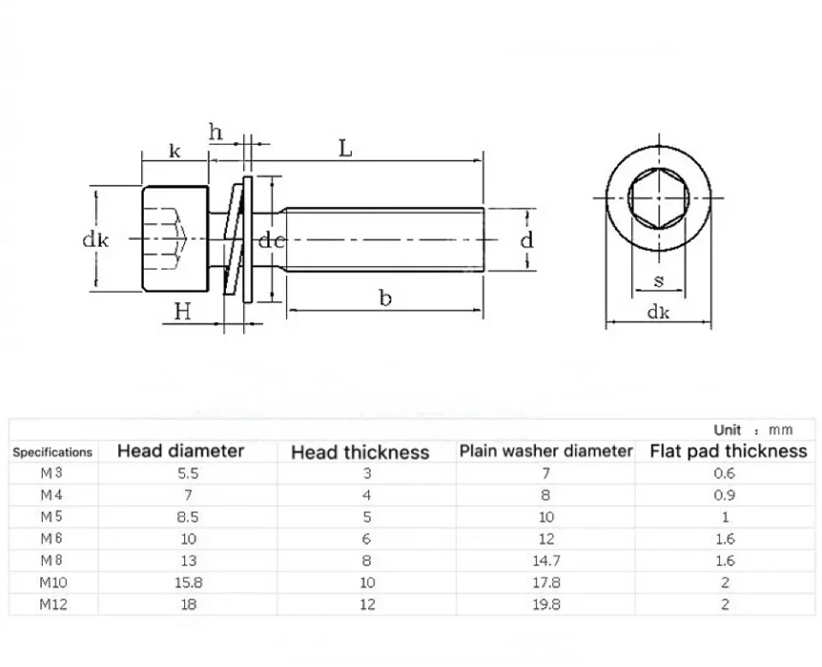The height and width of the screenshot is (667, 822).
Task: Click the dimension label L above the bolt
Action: pyautogui.click(x=345, y=148)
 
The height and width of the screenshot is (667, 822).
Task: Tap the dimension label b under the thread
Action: pyautogui.click(x=385, y=297)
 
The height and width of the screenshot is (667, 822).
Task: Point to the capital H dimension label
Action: pyautogui.click(x=182, y=312)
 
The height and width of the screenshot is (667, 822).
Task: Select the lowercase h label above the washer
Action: pyautogui.click(x=216, y=132)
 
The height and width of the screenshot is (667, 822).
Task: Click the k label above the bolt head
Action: pyautogui.click(x=175, y=151)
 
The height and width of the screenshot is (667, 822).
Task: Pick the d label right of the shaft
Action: pyautogui.click(x=527, y=240)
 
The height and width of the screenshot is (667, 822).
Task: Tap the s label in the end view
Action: pyautogui.click(x=659, y=281)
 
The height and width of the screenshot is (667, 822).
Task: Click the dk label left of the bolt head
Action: pyautogui.click(x=95, y=240)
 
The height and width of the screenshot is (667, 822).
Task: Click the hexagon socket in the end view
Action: pyautogui.click(x=659, y=198)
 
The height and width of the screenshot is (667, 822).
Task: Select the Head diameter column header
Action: pyautogui.click(x=181, y=451)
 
